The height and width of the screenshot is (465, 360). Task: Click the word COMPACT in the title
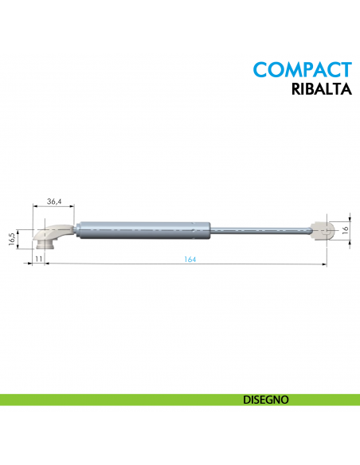point(302,68)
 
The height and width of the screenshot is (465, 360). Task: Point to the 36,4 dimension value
point(54,202)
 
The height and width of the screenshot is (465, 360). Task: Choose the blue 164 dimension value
point(189,260)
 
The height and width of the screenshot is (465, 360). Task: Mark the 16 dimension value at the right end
point(345,229)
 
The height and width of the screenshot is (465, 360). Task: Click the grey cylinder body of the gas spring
point(143,229)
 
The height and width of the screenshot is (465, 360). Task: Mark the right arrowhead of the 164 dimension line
point(327,264)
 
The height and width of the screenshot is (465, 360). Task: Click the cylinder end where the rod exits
point(208,229)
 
